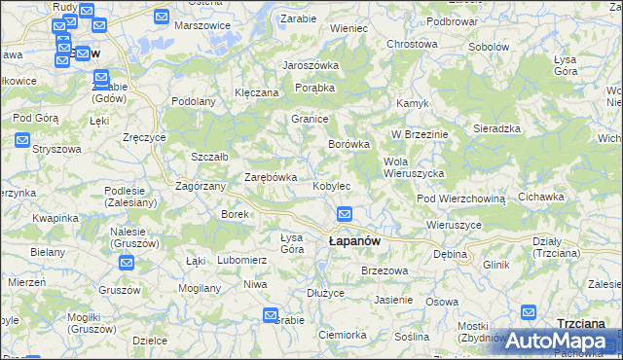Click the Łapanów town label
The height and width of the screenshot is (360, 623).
pyautogui.click(x=354, y=240)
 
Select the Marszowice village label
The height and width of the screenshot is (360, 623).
pyautogui.click(x=201, y=25)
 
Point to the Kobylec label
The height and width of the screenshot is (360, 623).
pyautogui.click(x=331, y=186)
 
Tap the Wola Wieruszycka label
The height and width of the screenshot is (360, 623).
pyautogui.click(x=415, y=167)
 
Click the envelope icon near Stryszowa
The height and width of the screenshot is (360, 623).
pyautogui.click(x=22, y=140)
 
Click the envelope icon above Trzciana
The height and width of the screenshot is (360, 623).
pyautogui.click(x=529, y=313)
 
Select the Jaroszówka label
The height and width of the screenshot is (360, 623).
pyautogui.click(x=310, y=65)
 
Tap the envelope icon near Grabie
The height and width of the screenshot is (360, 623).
pyautogui.click(x=272, y=313)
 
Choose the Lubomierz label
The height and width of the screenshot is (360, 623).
pyautogui.click(x=241, y=260)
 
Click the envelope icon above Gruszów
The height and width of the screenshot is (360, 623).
pyautogui.click(x=127, y=262)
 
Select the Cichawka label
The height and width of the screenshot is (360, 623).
pyautogui.click(x=541, y=197)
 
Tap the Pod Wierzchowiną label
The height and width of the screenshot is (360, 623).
pyautogui.click(x=461, y=198)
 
